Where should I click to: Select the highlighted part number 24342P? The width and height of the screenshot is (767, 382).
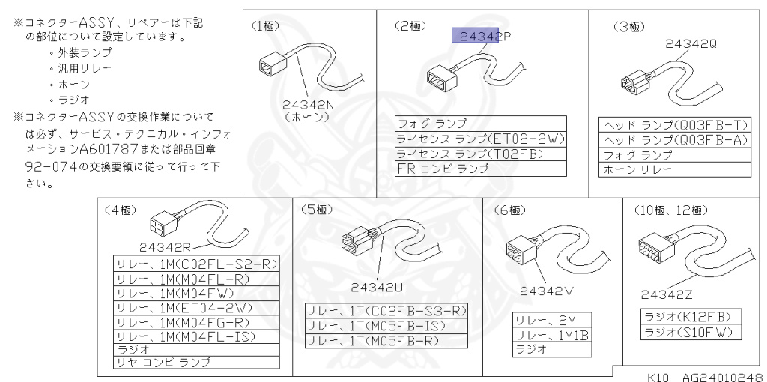(475, 36)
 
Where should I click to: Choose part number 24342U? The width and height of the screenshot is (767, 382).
(378, 285)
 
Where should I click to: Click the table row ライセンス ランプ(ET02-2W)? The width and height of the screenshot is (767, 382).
(480, 139)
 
